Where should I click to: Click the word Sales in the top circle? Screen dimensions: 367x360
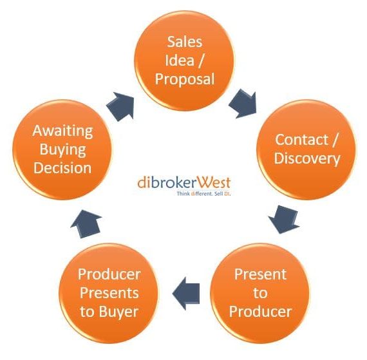pos(184,42)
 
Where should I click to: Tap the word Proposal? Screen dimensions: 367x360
pos(185,80)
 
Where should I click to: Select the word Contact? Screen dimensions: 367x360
pos(301,140)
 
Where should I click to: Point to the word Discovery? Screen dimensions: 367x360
pos(307,159)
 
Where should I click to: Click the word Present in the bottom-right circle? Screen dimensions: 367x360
pos(260,274)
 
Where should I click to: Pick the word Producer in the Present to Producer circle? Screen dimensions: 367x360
pos(260,312)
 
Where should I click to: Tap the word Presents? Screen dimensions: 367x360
pos(109,293)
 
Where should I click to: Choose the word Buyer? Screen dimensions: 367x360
pos(118,312)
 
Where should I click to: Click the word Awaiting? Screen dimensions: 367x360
pos(62,131)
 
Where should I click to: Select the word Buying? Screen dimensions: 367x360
pos(62,150)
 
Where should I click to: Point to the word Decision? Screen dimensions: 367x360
pos(62,168)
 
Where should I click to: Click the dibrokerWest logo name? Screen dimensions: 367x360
pos(184,182)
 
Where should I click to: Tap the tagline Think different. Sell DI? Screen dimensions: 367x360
pos(203,194)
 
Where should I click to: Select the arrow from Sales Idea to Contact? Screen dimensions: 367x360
pos(243,104)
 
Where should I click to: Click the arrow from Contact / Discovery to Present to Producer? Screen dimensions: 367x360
pos(284,220)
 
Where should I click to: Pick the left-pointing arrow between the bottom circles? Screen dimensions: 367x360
pos(186,294)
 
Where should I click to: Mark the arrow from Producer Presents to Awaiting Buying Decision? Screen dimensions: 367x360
pos(86,224)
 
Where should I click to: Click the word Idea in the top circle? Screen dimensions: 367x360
pos(180,61)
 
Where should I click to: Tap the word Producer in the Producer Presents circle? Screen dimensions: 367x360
pos(109,274)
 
